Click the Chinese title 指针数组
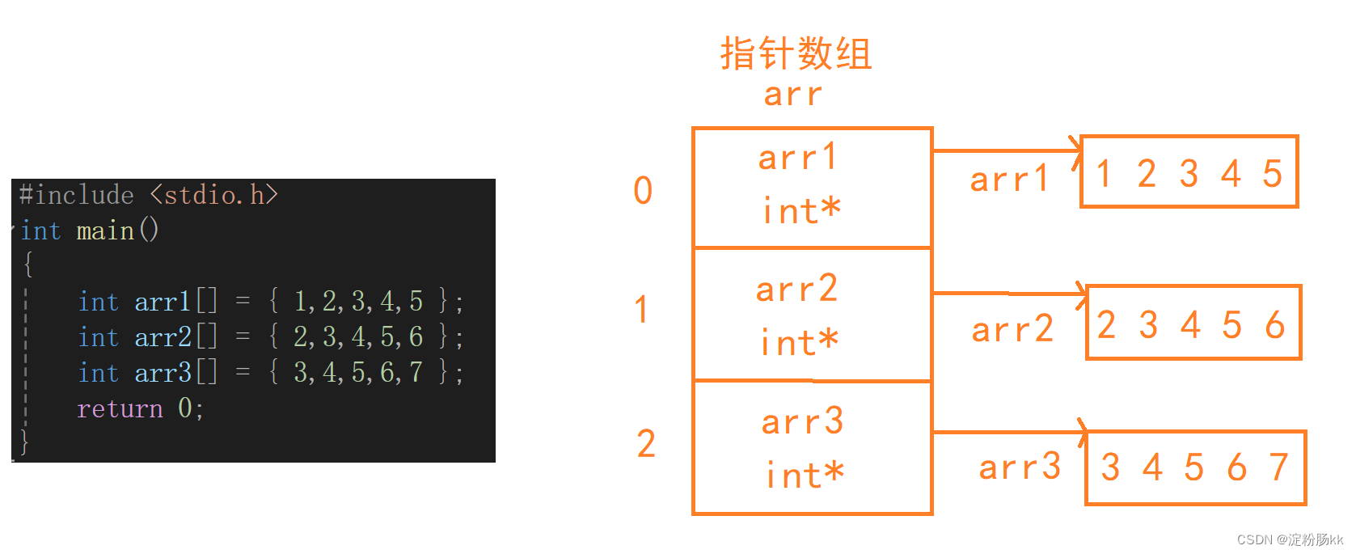pyautogui.click(x=796, y=54)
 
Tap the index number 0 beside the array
pyautogui.click(x=643, y=191)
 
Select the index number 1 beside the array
pyautogui.click(x=641, y=310)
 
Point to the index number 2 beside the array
pyautogui.click(x=646, y=444)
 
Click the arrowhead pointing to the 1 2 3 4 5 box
pyautogui.click(x=1075, y=150)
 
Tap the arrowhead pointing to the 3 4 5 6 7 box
pyautogui.click(x=1082, y=432)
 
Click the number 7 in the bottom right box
pyautogui.click(x=1278, y=467)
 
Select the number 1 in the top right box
pyautogui.click(x=1104, y=174)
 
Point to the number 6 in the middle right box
pyautogui.click(x=1275, y=325)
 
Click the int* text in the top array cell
pyautogui.click(x=801, y=212)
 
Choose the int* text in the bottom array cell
pyautogui.click(x=805, y=476)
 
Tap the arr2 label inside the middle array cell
pyautogui.click(x=796, y=289)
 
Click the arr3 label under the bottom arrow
pyautogui.click(x=1020, y=467)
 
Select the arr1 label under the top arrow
pyautogui.click(x=1009, y=179)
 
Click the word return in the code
pyautogui.click(x=120, y=408)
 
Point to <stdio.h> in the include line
pyautogui.click(x=214, y=195)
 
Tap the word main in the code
pyautogui.click(x=105, y=231)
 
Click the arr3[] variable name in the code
pyautogui.click(x=175, y=373)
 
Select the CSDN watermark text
pyautogui.click(x=1290, y=539)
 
